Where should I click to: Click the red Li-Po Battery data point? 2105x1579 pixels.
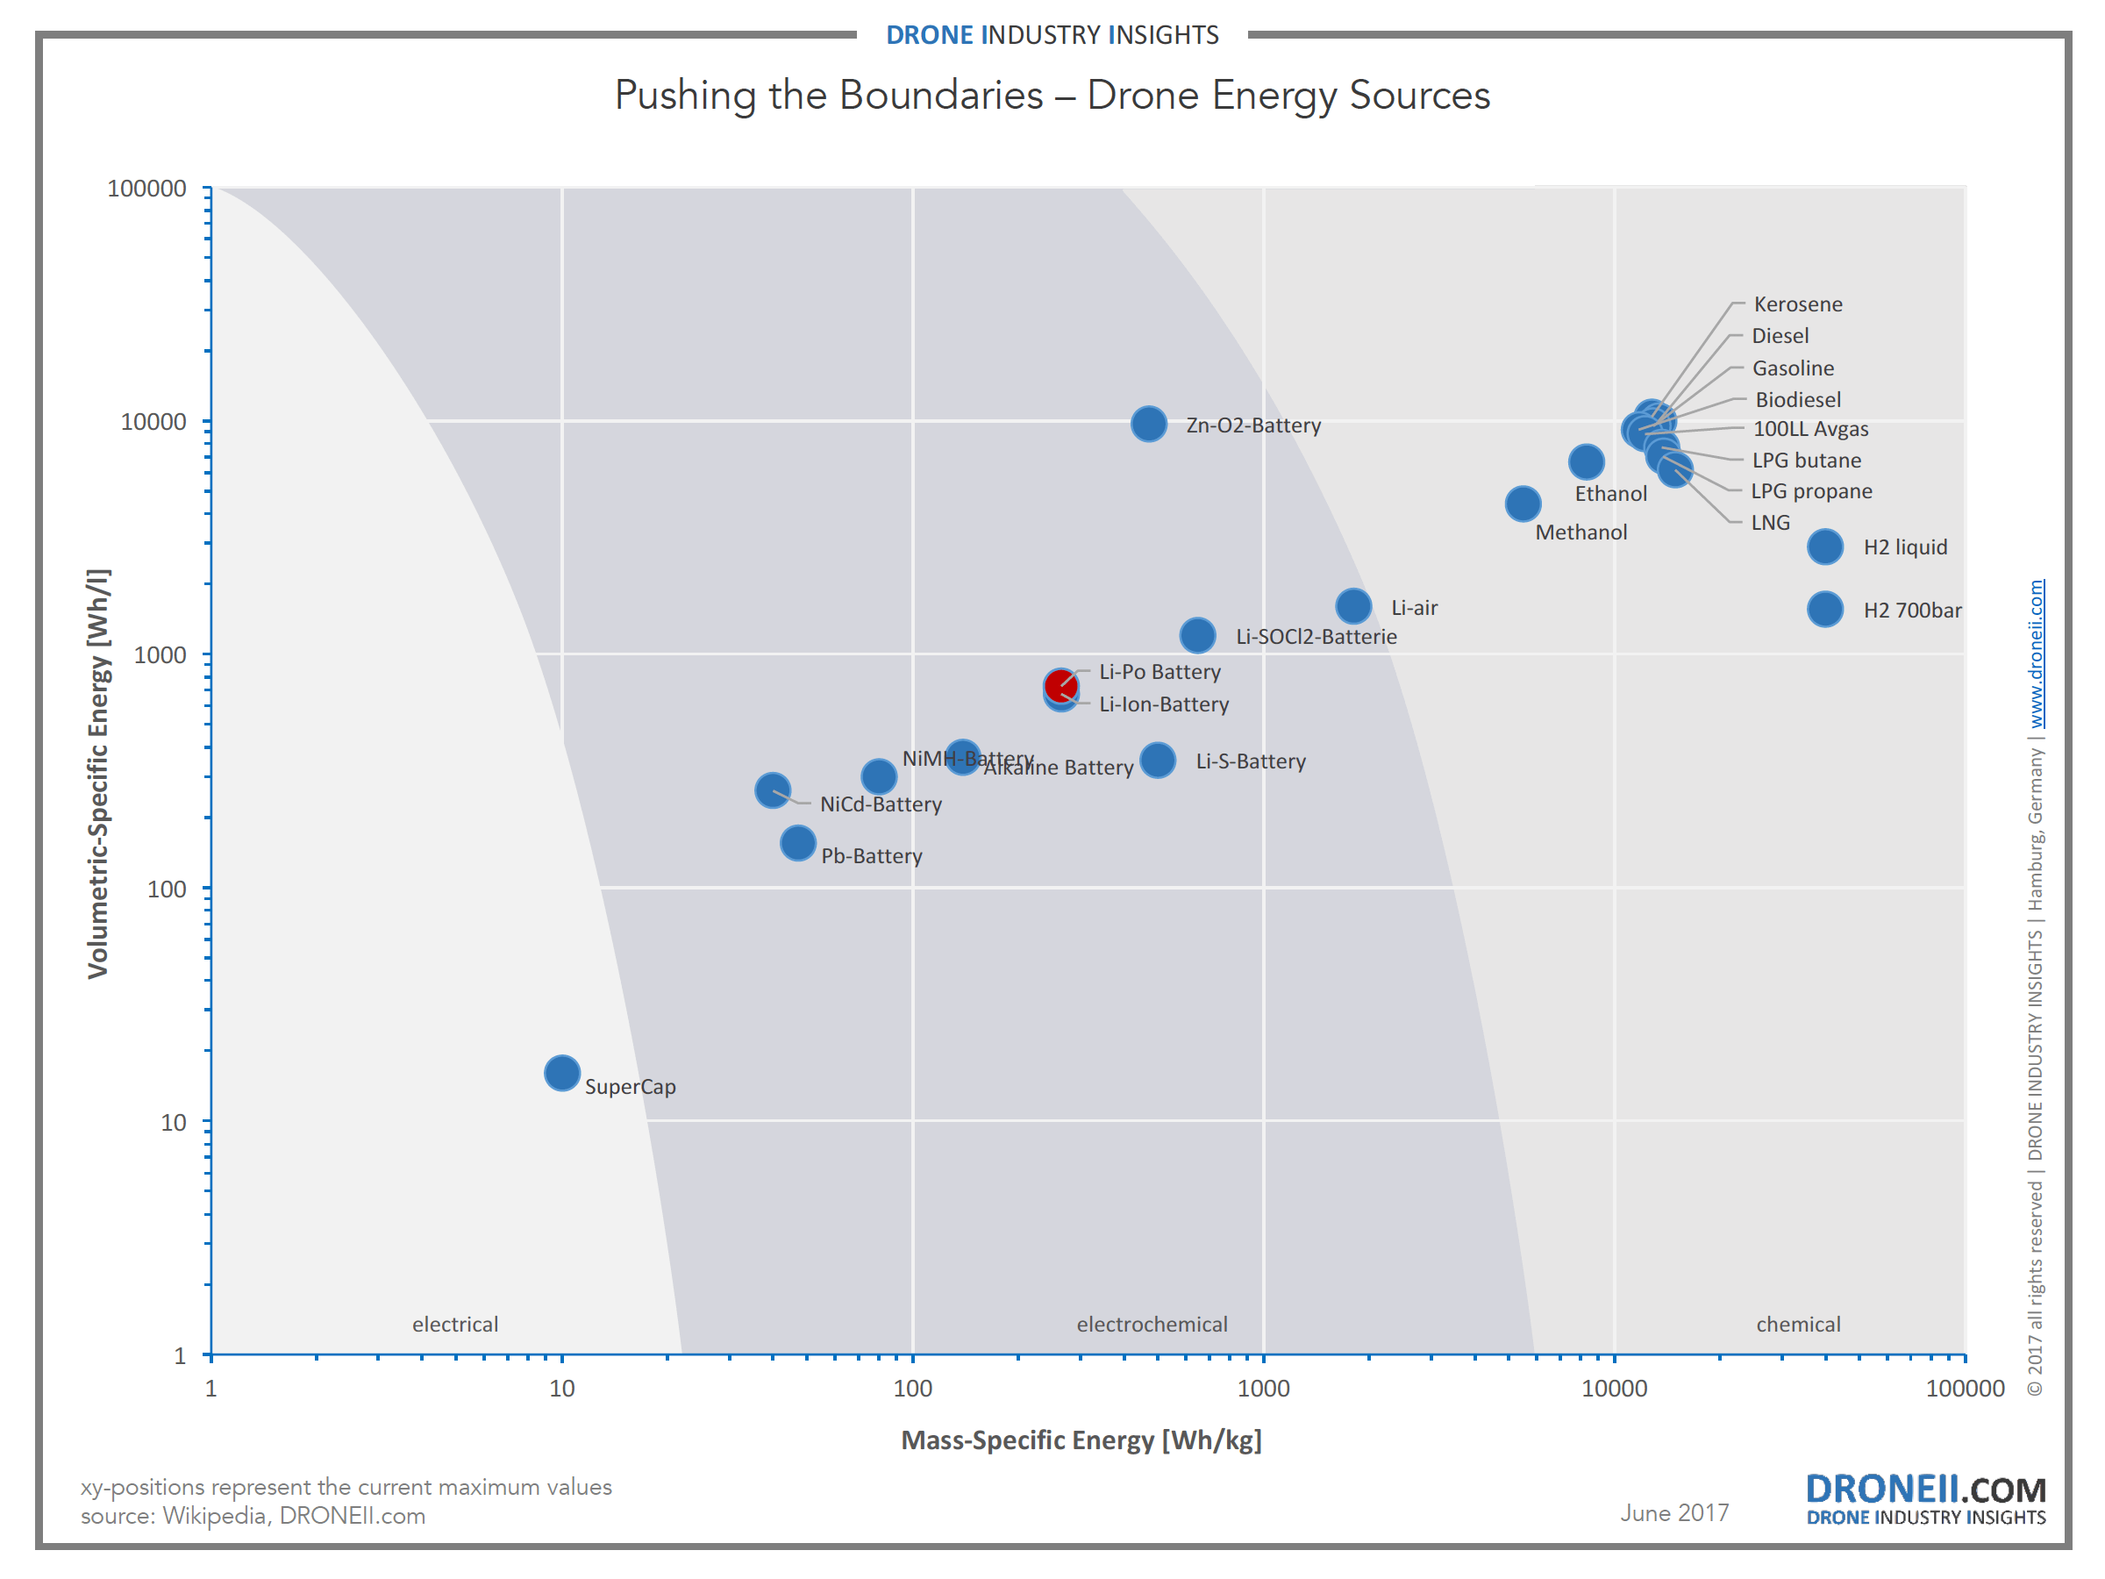(x=1060, y=684)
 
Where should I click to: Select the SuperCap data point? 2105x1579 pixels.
(x=562, y=1073)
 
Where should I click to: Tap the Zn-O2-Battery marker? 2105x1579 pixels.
(x=1149, y=424)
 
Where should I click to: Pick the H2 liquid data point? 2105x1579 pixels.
(x=1824, y=547)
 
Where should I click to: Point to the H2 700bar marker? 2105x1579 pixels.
(x=1824, y=609)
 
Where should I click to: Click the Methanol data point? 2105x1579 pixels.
(x=1523, y=504)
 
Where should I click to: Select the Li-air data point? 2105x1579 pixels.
(x=1353, y=605)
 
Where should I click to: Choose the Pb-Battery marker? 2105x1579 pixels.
(x=797, y=842)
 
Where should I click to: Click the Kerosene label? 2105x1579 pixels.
(x=1798, y=304)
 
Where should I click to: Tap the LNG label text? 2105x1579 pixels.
(x=1770, y=523)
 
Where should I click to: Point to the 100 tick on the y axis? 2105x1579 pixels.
(x=167, y=889)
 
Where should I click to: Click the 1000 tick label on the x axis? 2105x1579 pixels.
(x=1263, y=1388)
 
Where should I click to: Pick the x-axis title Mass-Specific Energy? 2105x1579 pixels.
(x=1081, y=1440)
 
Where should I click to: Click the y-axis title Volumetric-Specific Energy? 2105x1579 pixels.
(x=99, y=773)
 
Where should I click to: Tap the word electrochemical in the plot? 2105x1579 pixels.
(x=1152, y=1324)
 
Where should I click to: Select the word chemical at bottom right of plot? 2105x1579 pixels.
(x=1798, y=1324)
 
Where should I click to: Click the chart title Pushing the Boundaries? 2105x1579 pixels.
(x=1052, y=95)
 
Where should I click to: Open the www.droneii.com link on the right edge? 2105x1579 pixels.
(x=2036, y=654)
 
